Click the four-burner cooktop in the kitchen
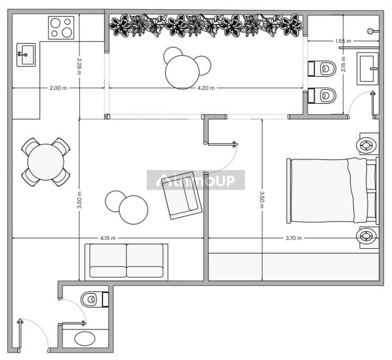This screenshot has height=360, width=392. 61,27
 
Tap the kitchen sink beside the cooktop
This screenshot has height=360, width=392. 26,55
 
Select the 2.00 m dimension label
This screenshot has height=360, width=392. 58,88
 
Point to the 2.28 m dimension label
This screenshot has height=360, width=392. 79,66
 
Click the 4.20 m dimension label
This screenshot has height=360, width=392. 206,88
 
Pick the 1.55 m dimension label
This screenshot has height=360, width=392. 343,41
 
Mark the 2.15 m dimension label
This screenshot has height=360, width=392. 343,64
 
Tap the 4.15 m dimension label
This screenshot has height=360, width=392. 108,238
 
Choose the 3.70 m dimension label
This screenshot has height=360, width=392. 294,238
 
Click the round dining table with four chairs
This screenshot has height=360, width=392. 46,162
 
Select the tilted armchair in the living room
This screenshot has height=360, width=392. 181,196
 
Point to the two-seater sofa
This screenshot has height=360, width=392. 126,262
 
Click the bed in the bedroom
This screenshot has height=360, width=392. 333,191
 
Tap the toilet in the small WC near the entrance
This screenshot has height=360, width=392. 94,299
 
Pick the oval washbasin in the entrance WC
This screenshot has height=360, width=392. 85,339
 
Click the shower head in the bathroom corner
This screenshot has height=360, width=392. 371,31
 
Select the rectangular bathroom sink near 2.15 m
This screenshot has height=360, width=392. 367,69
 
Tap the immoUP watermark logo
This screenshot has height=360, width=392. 196,180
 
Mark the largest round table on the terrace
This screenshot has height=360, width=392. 183,72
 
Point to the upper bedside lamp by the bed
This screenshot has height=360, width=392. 367,145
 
